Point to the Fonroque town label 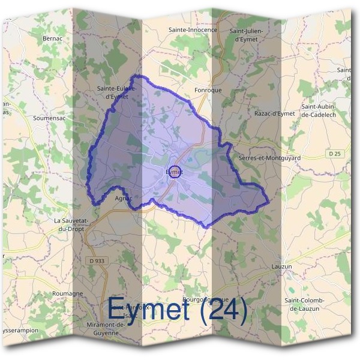(208, 90)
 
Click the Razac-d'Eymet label (275, 113)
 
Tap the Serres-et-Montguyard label (269, 158)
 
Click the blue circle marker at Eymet (174, 172)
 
